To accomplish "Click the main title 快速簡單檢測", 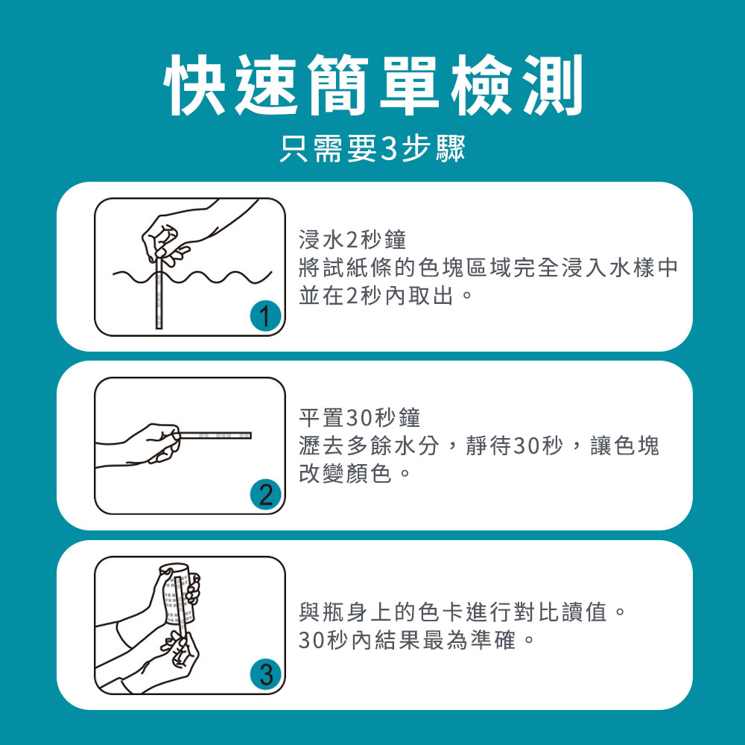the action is click(373, 85).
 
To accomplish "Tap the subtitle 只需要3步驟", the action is click(373, 148).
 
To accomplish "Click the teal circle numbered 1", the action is click(265, 316).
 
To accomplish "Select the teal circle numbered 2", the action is click(265, 495).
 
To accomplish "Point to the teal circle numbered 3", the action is click(265, 673).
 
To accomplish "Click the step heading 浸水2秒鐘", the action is click(352, 239).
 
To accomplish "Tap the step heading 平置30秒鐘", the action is click(360, 418).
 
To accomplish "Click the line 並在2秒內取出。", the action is click(386, 296).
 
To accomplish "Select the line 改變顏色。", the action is click(355, 473).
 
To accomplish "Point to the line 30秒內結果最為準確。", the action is click(416, 639).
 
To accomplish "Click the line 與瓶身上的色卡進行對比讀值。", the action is click(463, 612).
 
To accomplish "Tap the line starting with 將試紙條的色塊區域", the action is click(488, 267).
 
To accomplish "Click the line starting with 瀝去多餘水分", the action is click(479, 446).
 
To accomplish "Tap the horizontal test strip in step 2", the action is click(215, 435).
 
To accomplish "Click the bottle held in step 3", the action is click(178, 594).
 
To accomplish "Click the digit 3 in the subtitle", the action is click(389, 149).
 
